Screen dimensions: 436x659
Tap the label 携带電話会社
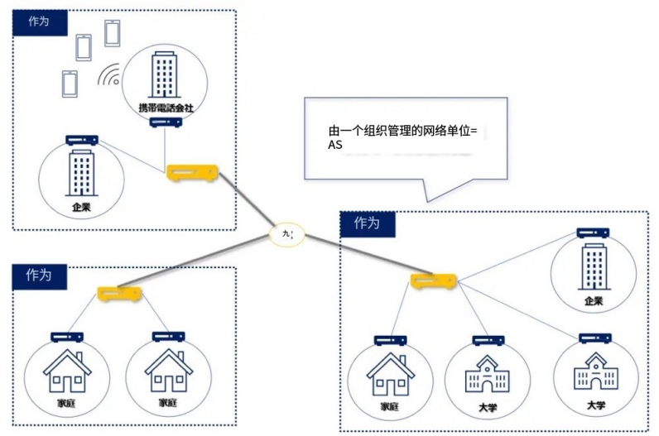click(x=166, y=108)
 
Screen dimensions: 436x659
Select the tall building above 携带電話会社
click(x=165, y=74)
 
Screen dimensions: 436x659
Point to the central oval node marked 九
click(x=287, y=234)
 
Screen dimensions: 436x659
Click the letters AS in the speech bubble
click(x=335, y=145)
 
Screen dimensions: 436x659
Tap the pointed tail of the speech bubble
click(x=429, y=194)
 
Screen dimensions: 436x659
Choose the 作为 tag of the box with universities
click(x=367, y=223)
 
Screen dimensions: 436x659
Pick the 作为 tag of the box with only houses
click(x=39, y=274)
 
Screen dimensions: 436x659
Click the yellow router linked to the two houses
click(x=117, y=293)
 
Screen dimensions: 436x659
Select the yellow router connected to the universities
click(x=433, y=281)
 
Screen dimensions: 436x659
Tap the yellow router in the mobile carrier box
click(x=192, y=173)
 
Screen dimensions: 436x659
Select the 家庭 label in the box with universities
click(x=390, y=407)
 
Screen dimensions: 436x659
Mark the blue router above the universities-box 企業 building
click(x=593, y=234)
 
